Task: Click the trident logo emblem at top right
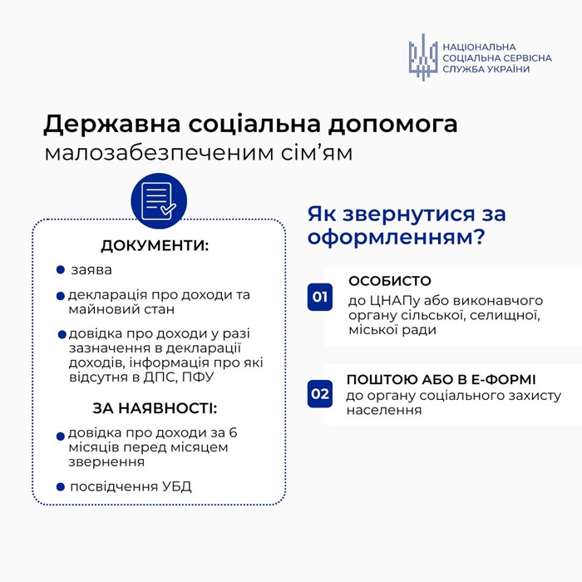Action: [422, 57]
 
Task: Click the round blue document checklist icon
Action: [158, 200]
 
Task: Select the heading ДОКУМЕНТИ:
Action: [155, 246]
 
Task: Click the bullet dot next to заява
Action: [61, 270]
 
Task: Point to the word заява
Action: [91, 270]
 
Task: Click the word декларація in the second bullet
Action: [106, 295]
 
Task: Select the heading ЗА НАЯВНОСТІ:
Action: [155, 408]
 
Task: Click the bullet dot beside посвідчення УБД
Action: [61, 486]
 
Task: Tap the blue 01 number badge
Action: [320, 297]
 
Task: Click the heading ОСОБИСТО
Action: [390, 282]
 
